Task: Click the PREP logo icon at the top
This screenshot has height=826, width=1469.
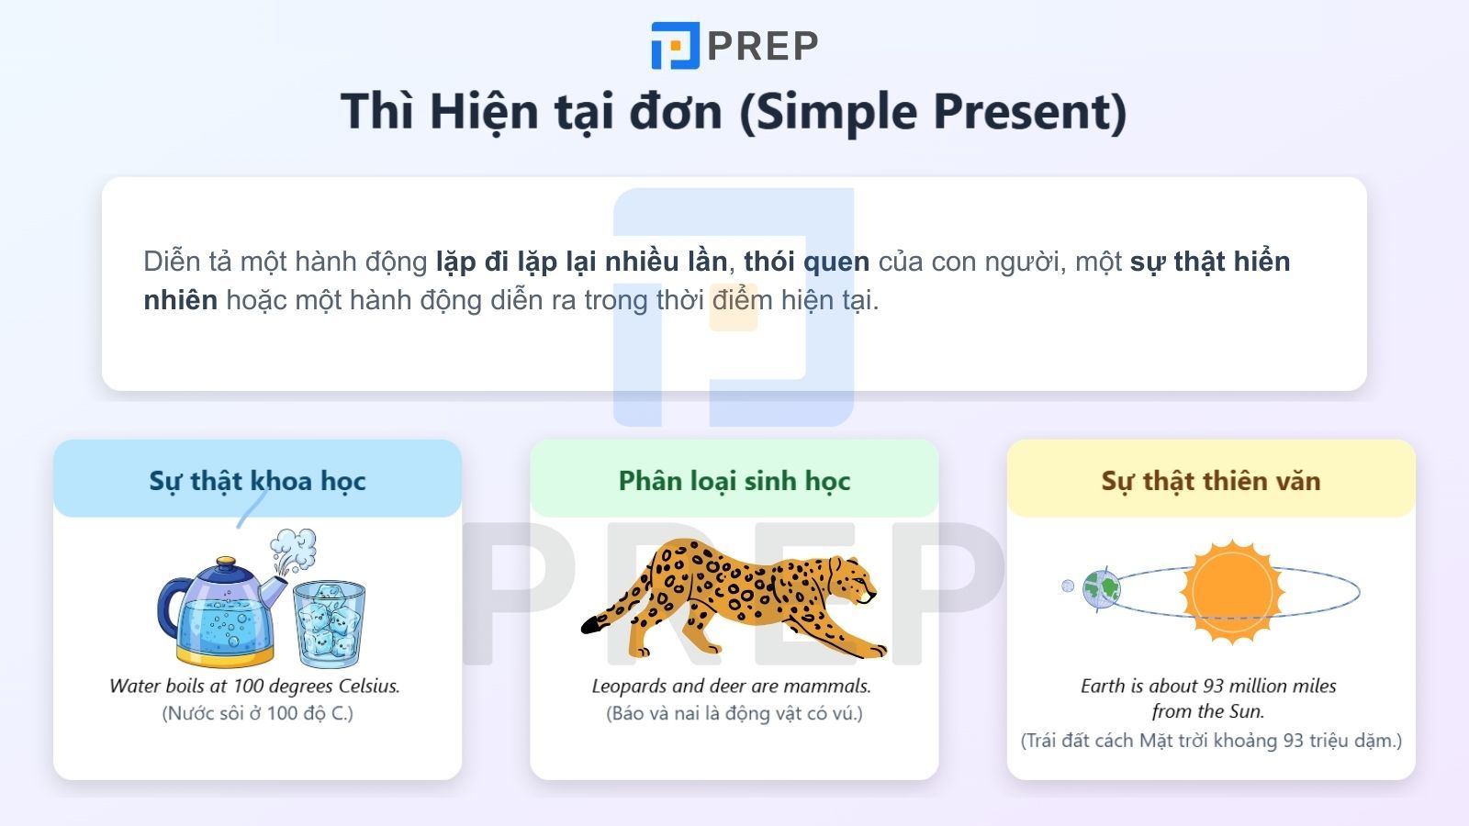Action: click(x=676, y=46)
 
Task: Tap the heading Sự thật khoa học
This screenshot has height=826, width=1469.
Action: click(x=257, y=480)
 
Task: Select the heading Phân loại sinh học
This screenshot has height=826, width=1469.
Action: click(x=734, y=480)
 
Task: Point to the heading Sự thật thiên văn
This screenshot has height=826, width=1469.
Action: click(x=1210, y=480)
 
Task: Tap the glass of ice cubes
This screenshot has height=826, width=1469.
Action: click(x=330, y=623)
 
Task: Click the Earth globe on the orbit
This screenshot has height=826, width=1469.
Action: click(x=1101, y=588)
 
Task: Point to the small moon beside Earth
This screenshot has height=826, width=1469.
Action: click(x=1068, y=586)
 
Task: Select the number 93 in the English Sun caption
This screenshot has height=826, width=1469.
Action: click(x=1213, y=686)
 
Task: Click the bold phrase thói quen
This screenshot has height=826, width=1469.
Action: click(x=806, y=262)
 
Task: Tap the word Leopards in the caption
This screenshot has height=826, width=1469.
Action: click(x=630, y=686)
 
